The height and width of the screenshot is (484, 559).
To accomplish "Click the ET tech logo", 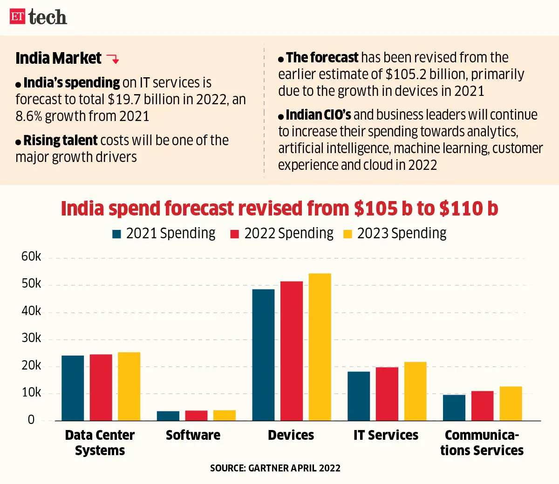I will pos(38,17).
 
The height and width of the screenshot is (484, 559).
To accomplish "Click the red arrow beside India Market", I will pos(113,59).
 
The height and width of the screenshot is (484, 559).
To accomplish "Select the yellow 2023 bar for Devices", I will pos(320,347).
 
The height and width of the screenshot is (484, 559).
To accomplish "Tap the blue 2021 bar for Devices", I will pos(263,355).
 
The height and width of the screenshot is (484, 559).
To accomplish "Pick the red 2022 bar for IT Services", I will pos(387,394).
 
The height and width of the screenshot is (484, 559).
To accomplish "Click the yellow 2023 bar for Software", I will pos(225,415).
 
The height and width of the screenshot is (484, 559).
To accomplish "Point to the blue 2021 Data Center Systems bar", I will pos(73,388).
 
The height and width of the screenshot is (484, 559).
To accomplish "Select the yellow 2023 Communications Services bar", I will pos(511,403).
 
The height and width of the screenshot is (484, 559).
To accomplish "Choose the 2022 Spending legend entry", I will pos(282,233).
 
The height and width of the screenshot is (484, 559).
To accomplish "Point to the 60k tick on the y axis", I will pos(31,256).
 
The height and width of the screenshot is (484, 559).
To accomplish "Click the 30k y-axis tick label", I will pos(31,338).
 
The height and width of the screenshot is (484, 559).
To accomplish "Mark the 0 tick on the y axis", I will pos(31,420).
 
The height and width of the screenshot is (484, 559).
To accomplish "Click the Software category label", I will pos(193,435).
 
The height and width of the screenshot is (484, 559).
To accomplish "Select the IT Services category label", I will pos(386,435).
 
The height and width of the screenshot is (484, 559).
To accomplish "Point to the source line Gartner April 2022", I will pos(275,468).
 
